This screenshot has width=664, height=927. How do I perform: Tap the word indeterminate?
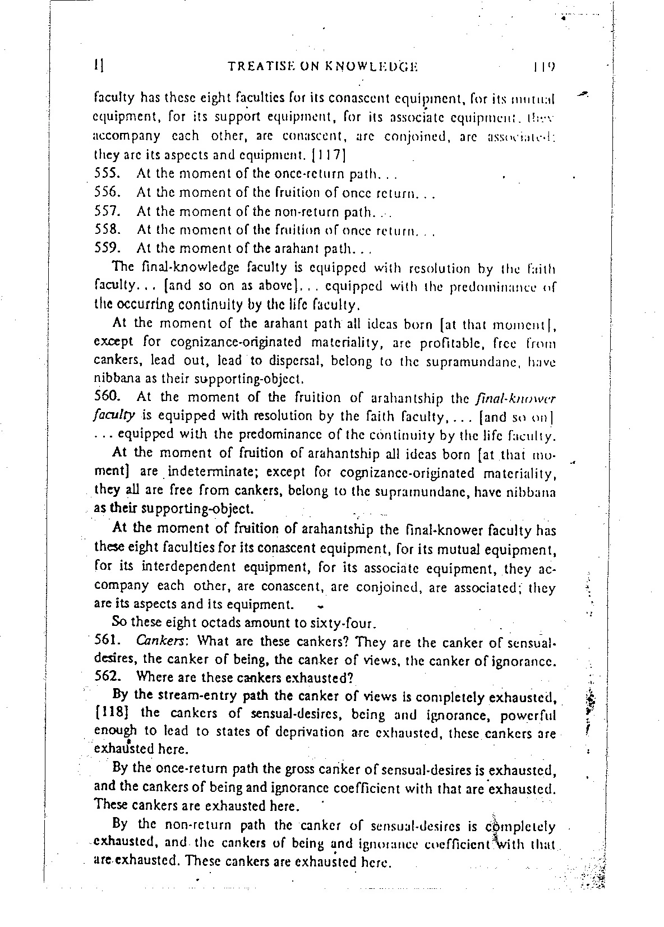click(x=200, y=473)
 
